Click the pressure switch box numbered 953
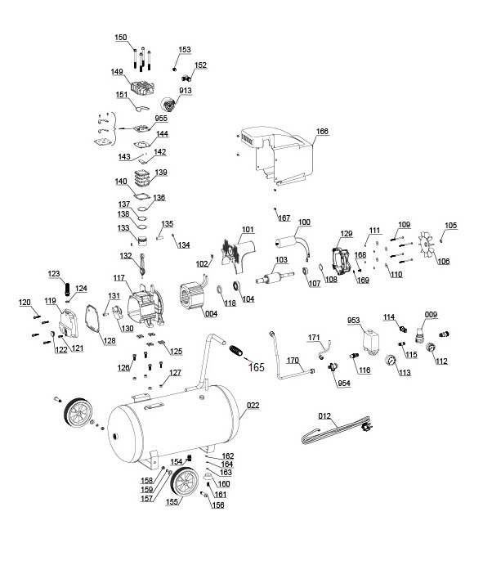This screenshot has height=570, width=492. (372, 339)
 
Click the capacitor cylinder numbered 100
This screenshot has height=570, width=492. (287, 244)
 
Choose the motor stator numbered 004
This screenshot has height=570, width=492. (195, 298)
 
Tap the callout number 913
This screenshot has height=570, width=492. (186, 91)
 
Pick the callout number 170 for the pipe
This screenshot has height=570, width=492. (292, 360)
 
